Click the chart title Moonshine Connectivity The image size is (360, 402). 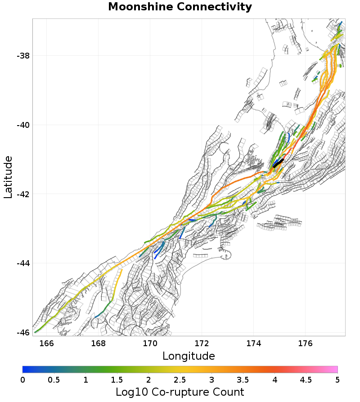click(180, 7)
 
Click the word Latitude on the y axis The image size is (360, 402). click(8, 177)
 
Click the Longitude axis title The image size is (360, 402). click(189, 356)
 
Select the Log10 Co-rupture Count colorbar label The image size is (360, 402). click(180, 392)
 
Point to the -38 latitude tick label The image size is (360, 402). click(23, 56)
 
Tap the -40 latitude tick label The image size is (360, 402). click(23, 125)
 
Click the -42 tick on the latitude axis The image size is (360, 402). click(23, 194)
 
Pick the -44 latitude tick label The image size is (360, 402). click(23, 263)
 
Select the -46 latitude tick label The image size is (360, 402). click(23, 333)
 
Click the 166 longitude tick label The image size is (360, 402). click(46, 343)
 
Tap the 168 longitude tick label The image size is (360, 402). click(98, 343)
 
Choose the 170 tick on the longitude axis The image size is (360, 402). click(150, 343)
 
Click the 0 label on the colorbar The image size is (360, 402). click(22, 379)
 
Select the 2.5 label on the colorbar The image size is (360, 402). click(180, 379)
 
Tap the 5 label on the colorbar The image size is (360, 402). click(337, 379)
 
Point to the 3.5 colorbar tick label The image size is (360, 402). click(243, 379)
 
